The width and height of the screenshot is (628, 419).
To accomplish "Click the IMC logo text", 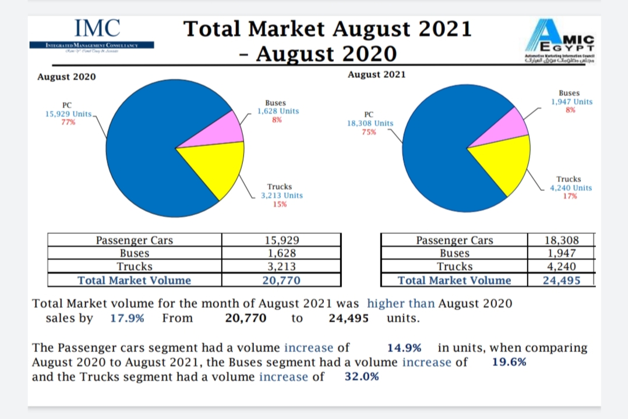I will [97, 28].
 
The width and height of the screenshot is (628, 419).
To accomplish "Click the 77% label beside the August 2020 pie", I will [68, 122].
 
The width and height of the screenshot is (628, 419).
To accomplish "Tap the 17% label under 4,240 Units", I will [570, 196].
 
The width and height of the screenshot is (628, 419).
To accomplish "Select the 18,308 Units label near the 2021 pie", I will [370, 123].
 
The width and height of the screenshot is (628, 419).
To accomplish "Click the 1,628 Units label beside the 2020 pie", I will [278, 111].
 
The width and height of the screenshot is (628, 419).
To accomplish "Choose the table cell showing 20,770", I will [281, 280].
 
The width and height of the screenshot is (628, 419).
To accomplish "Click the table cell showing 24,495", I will [562, 280].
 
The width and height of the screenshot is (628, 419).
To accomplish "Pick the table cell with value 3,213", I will [281, 267].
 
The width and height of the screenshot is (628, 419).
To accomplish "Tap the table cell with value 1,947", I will [562, 253].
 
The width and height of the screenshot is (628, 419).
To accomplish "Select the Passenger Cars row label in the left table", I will [135, 240].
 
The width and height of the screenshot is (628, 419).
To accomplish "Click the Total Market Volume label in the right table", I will [454, 280].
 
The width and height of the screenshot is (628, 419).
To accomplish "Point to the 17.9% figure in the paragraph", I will [127, 318].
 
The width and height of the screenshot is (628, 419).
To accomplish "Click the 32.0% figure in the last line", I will [362, 377].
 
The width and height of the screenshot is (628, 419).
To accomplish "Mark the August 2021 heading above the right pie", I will [376, 74].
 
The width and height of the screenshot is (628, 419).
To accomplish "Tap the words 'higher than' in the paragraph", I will [401, 303].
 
